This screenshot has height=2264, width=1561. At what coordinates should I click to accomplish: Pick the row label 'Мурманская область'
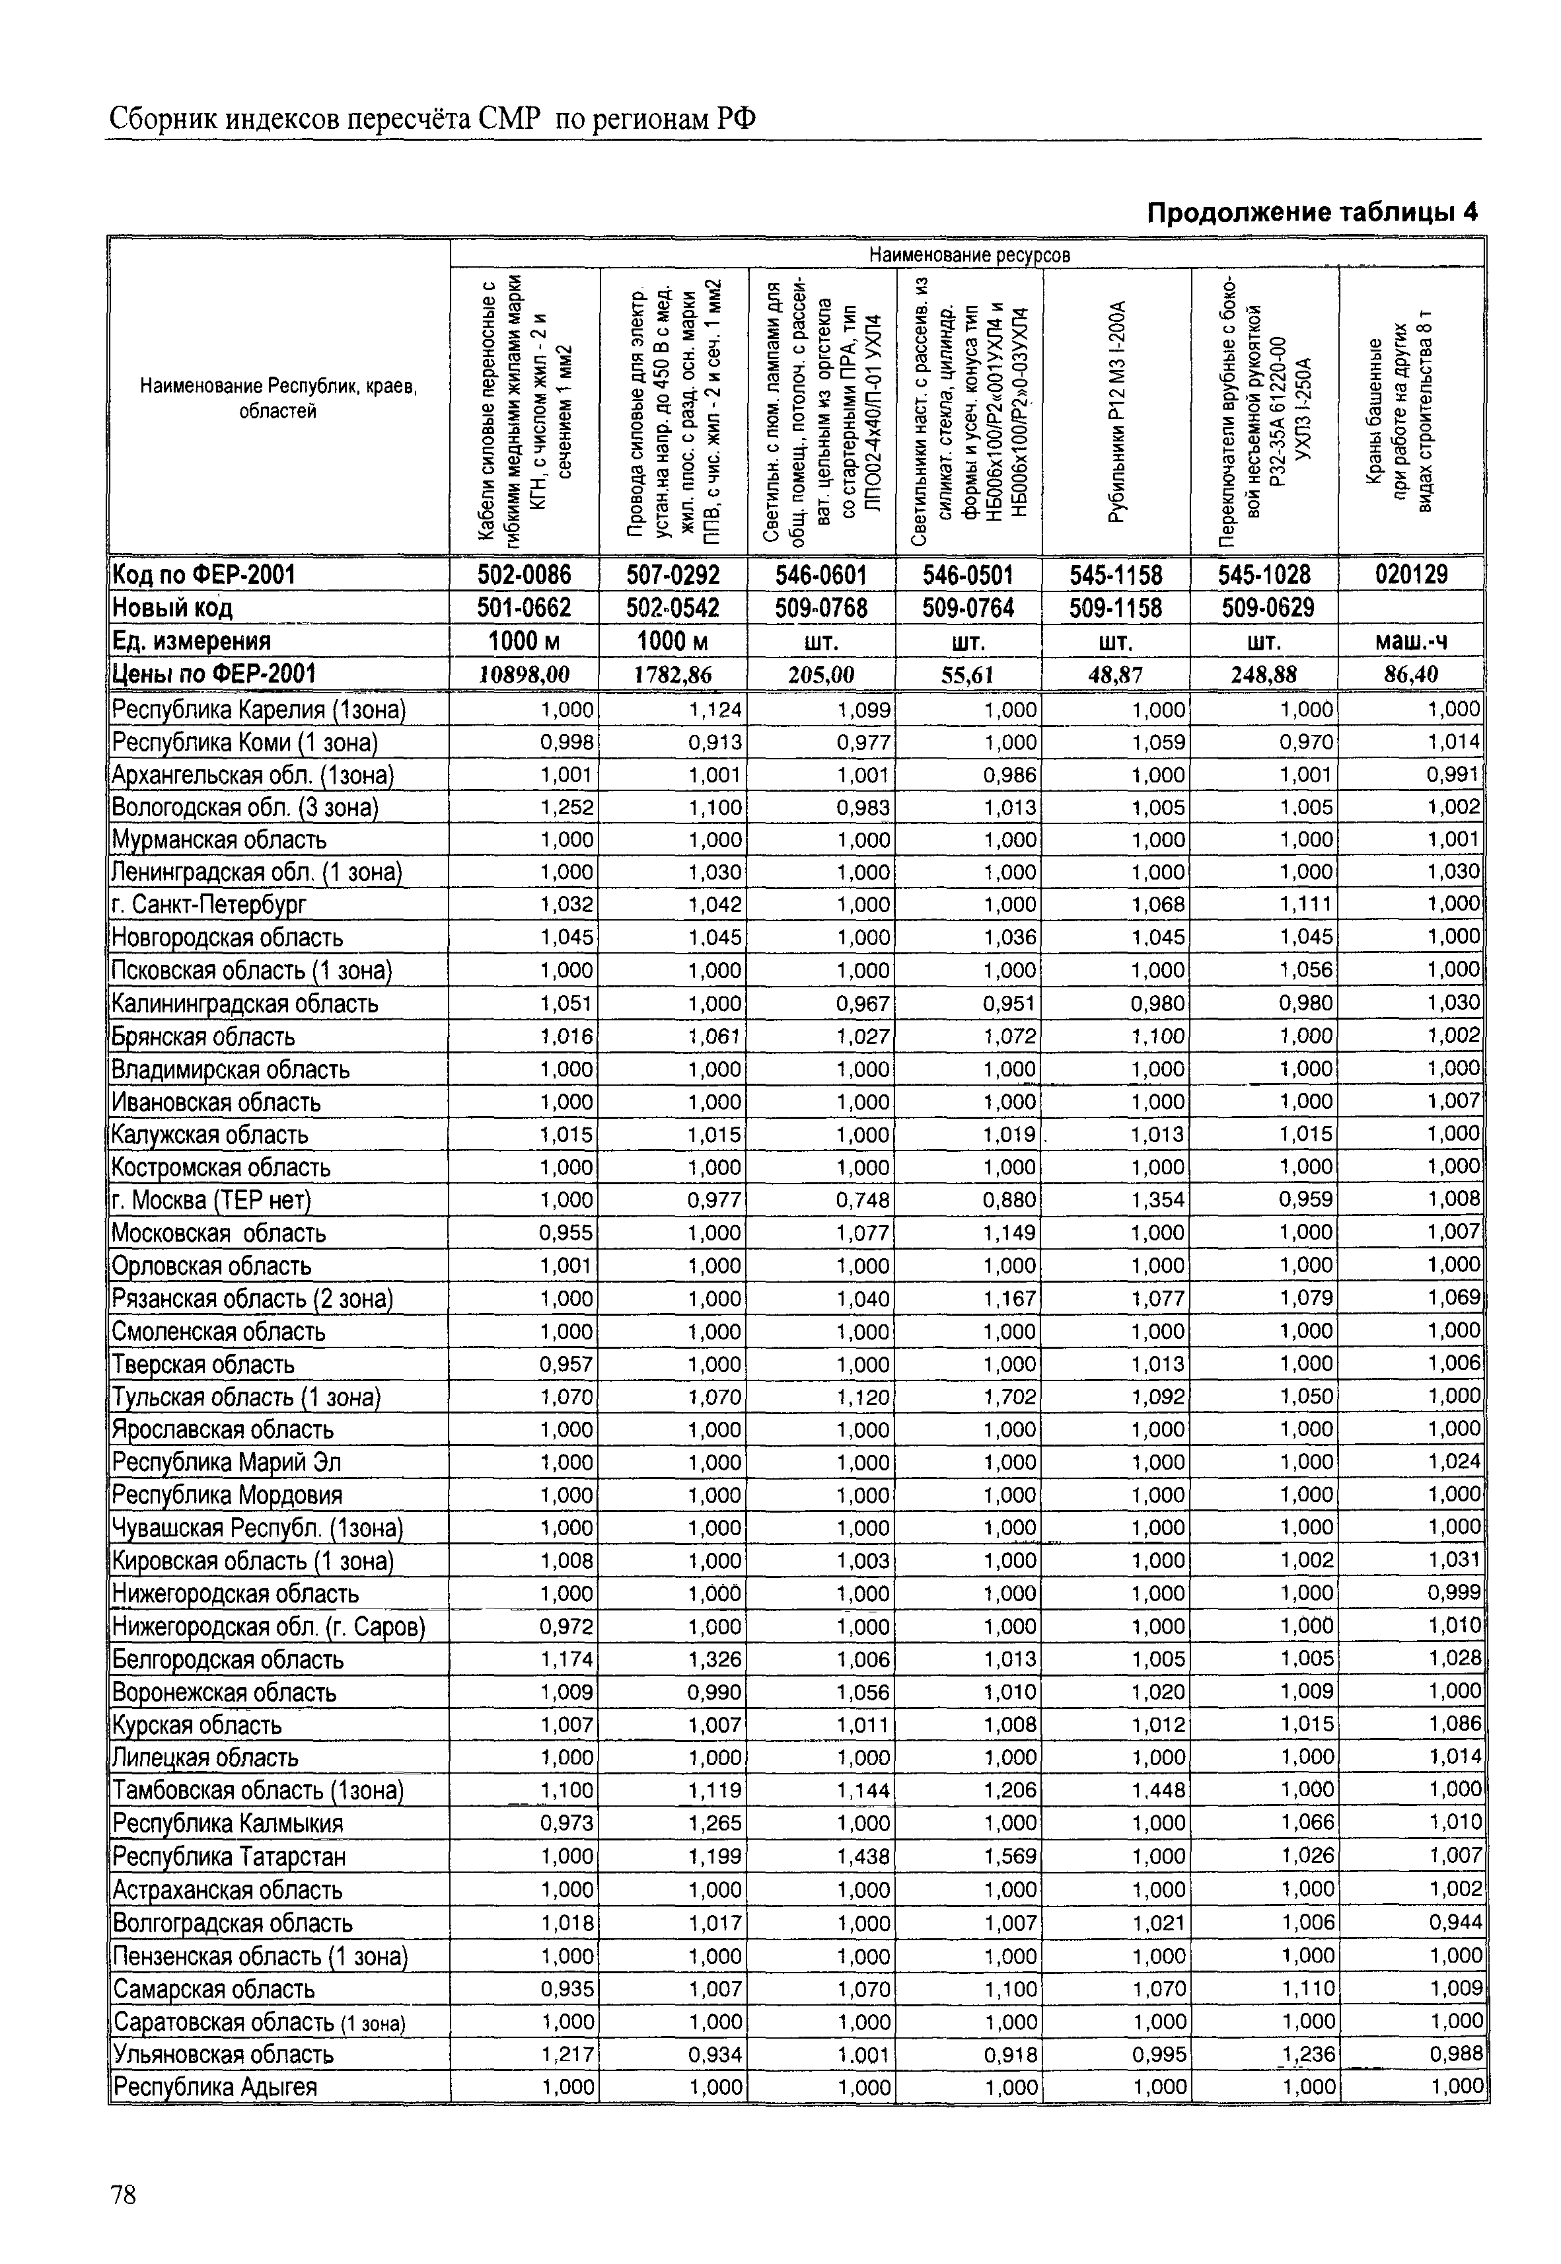tap(219, 839)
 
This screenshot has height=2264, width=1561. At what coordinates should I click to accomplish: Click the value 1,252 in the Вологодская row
tap(567, 807)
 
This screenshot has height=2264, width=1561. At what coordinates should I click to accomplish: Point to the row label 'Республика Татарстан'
tap(229, 1856)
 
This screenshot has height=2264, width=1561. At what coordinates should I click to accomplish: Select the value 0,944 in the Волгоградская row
tap(1455, 1922)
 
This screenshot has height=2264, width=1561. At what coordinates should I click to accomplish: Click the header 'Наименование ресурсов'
tap(969, 254)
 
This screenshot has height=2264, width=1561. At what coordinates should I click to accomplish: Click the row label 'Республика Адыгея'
tap(215, 2087)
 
